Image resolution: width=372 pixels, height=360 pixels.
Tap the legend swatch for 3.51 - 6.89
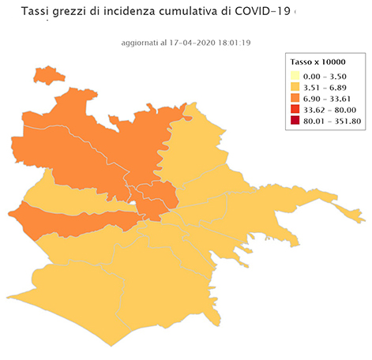(x=296, y=88)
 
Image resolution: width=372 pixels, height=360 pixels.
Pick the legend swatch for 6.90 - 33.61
(x=296, y=99)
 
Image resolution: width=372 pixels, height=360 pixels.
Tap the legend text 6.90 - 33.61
(x=329, y=99)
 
